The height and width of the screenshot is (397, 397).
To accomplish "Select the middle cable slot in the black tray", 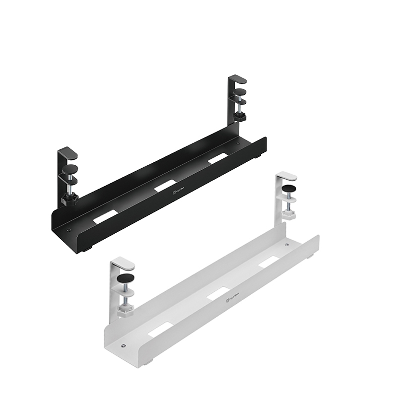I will (165, 187).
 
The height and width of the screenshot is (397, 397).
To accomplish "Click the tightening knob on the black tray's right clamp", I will (241, 117).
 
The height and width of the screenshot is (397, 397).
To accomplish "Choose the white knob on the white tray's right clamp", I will (289, 215).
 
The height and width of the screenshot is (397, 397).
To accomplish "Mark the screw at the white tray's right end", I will (286, 245).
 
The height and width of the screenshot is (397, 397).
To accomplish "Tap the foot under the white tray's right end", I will (311, 257).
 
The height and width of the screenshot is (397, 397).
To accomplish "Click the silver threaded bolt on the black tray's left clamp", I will (71, 183).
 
